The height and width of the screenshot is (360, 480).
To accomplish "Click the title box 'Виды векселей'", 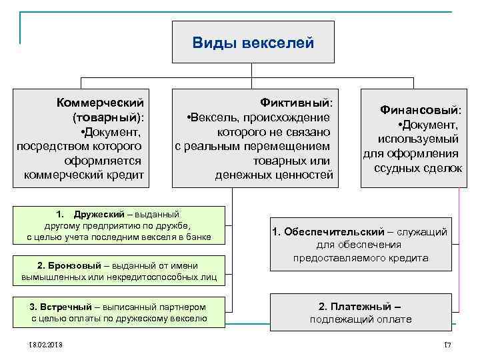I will [253, 43].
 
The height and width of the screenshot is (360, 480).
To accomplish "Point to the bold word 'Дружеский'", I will [99, 214].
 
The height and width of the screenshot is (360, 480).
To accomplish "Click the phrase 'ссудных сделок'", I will [418, 168].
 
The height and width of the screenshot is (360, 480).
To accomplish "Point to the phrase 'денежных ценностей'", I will [273, 175].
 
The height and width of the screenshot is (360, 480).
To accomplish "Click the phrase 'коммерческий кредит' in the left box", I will [83, 175].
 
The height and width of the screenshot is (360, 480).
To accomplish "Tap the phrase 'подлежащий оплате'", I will [361, 319].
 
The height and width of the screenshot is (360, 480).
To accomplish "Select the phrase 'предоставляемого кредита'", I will [361, 257].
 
